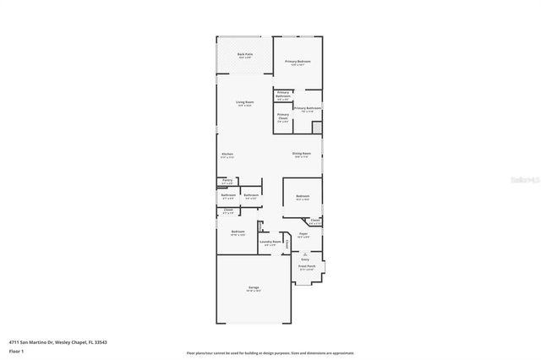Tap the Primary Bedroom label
point(298,62)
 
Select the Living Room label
point(245,104)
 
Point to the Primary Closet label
point(282,117)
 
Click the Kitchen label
point(227,155)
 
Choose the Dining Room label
point(302,154)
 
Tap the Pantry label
point(227,181)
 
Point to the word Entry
point(305,259)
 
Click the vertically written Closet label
point(287,245)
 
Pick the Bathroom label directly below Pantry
point(227,196)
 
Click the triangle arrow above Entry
point(305,254)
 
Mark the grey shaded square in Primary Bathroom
point(317,128)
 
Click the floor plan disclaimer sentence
point(270,352)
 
